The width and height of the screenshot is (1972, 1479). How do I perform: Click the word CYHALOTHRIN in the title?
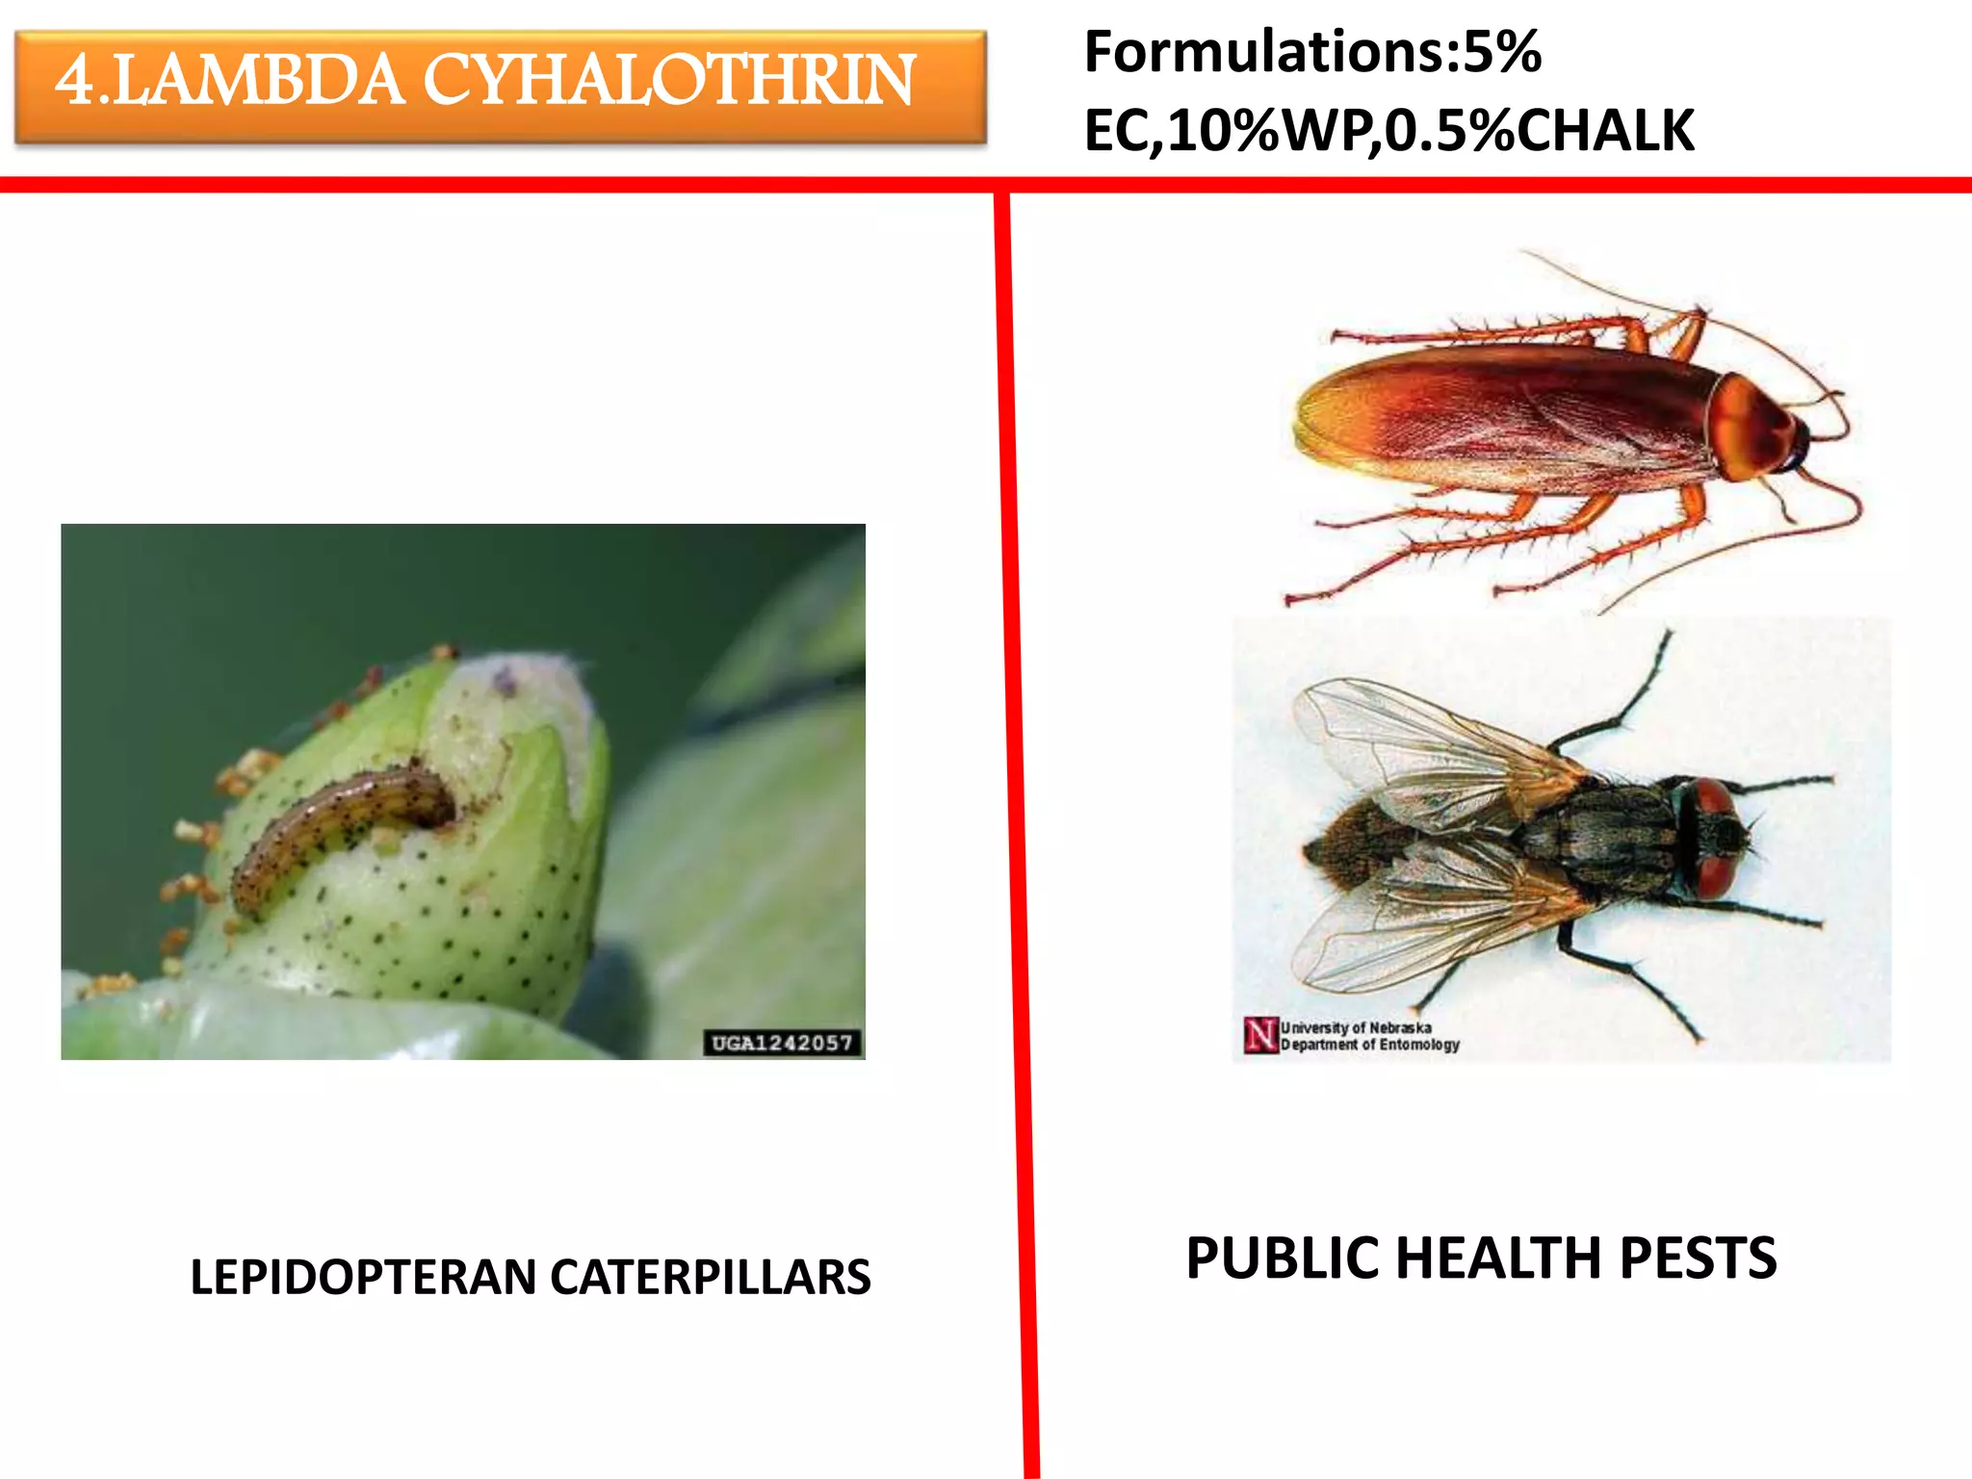[x=668, y=81]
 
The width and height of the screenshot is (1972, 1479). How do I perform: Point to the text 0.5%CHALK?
[x=1540, y=131]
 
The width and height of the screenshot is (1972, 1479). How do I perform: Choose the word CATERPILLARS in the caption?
[x=711, y=1278]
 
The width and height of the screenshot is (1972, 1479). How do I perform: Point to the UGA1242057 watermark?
[x=782, y=1043]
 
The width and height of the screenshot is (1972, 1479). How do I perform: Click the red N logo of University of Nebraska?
[x=1259, y=1035]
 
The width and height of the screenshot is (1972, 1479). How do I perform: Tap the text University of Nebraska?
[x=1356, y=1027]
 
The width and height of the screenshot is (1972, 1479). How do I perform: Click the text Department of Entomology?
[x=1369, y=1045]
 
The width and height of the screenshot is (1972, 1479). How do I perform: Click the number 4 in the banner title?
[x=75, y=81]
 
